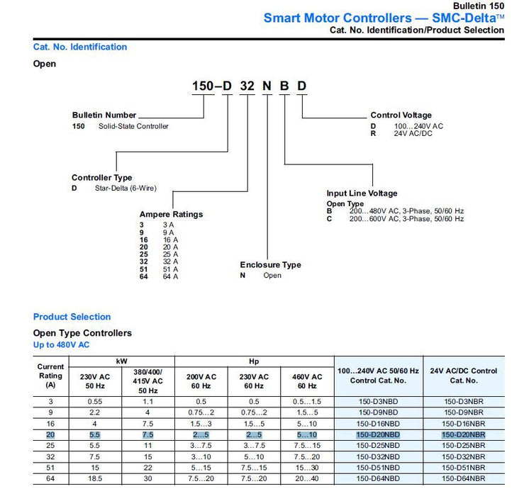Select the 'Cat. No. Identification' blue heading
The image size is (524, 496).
coord(80,47)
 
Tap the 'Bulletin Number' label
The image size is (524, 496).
coord(104,115)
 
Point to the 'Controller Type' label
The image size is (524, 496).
coord(101,178)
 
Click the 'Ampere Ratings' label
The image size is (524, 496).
coord(171,214)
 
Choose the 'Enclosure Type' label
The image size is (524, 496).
coord(270,265)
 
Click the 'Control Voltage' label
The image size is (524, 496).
coord(401,115)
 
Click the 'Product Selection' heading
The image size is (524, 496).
coord(72,317)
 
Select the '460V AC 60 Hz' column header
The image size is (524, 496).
coord(307,381)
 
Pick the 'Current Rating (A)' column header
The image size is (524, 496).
coord(50,376)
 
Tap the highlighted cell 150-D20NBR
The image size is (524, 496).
coord(464,434)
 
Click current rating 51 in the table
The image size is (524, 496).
coord(50,468)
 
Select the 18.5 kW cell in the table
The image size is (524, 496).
coord(94,479)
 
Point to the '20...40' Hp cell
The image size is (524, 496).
coord(307,479)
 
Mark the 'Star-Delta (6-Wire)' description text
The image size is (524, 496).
coord(126,188)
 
